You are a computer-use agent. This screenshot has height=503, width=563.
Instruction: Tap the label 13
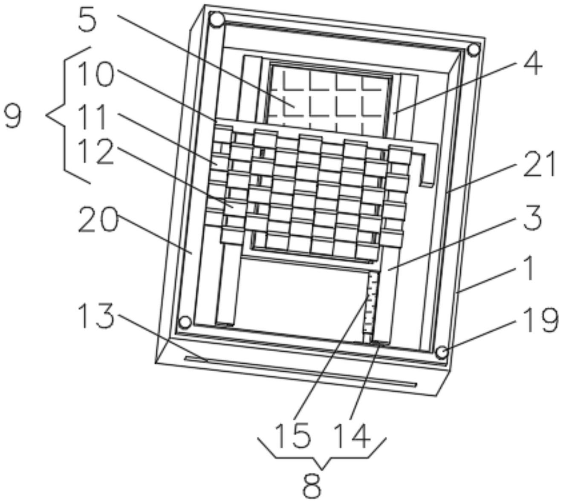[96, 316]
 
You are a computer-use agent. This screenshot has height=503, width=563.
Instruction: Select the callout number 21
[540, 164]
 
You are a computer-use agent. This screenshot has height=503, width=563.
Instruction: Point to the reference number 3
[530, 217]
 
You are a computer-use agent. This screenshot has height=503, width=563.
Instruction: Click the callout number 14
[350, 435]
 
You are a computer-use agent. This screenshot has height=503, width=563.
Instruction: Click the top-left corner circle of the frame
[217, 20]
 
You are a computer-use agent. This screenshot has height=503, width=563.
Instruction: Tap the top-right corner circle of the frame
[473, 50]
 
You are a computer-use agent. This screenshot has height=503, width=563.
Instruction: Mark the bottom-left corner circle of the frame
[185, 322]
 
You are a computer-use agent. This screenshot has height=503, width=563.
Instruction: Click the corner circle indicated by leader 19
[442, 353]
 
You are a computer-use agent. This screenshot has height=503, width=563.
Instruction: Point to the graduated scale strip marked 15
[370, 307]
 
